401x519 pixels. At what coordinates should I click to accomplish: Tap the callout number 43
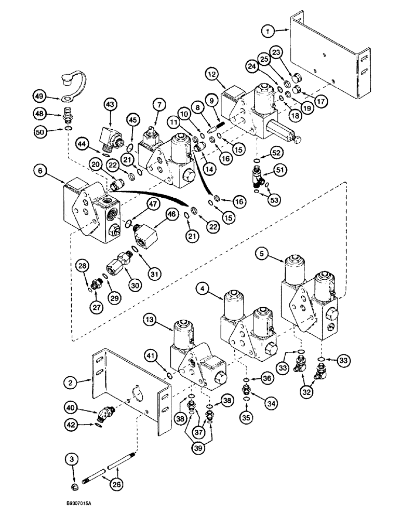pos(110,104)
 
